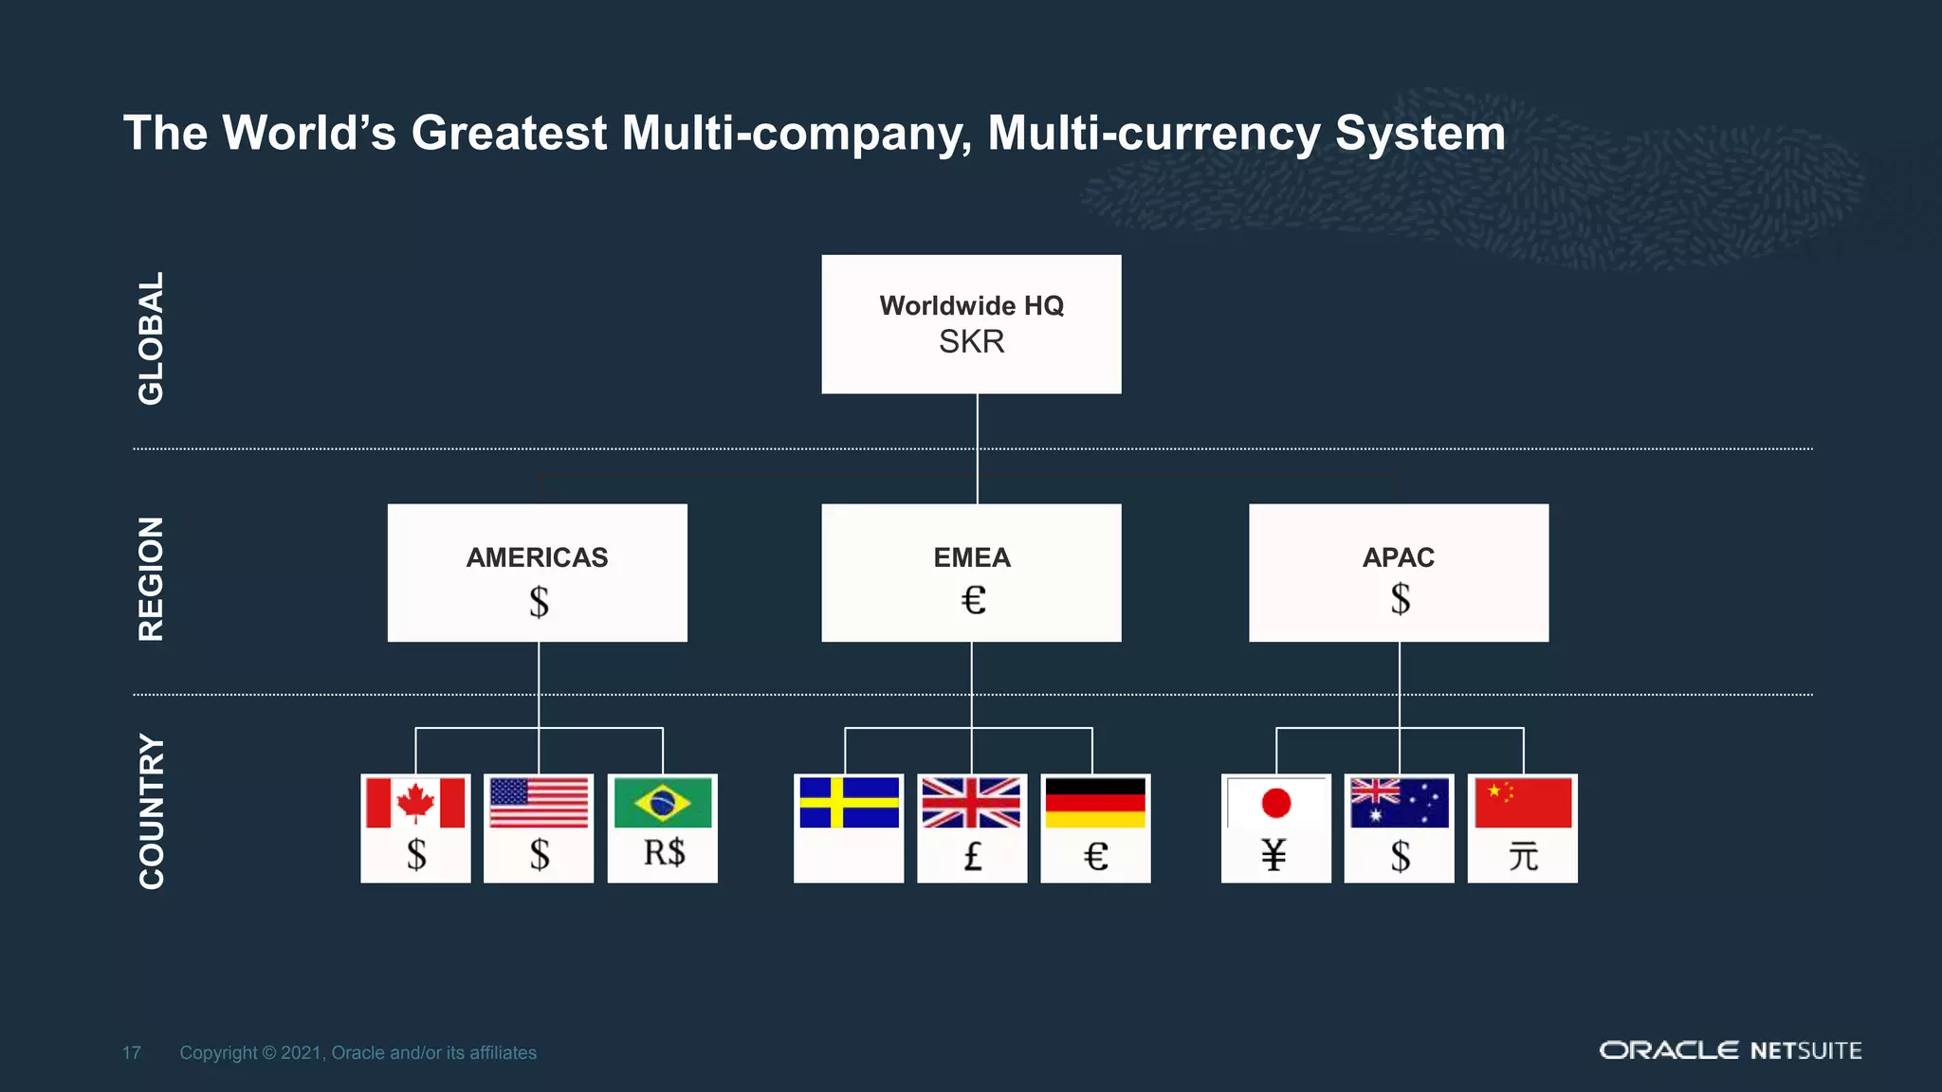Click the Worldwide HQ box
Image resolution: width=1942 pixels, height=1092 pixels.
971,323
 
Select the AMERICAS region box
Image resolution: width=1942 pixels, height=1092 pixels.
537,573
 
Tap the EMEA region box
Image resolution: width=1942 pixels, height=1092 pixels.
971,573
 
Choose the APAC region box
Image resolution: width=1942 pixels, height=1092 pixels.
1399,573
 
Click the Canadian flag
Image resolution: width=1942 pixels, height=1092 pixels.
415,803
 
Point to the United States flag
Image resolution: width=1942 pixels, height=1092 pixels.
539,803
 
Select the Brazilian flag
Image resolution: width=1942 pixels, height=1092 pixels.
663,803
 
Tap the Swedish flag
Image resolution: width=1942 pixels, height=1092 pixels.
849,803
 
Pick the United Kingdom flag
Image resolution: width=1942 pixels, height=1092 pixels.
972,803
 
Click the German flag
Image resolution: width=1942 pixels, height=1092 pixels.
1095,803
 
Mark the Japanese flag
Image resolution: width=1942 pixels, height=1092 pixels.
1276,803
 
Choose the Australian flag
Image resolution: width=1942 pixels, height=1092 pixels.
1400,803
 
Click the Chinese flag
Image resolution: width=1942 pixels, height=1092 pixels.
1523,803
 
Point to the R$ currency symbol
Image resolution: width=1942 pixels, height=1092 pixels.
664,853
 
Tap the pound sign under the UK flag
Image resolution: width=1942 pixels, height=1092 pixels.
972,857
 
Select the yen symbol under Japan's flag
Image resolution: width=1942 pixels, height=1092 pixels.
1274,856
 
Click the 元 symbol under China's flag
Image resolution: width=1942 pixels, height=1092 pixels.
1523,857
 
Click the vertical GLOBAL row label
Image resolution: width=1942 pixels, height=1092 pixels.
152,338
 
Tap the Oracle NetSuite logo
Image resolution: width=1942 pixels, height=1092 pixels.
1731,1050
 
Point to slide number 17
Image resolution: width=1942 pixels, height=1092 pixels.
132,1053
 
